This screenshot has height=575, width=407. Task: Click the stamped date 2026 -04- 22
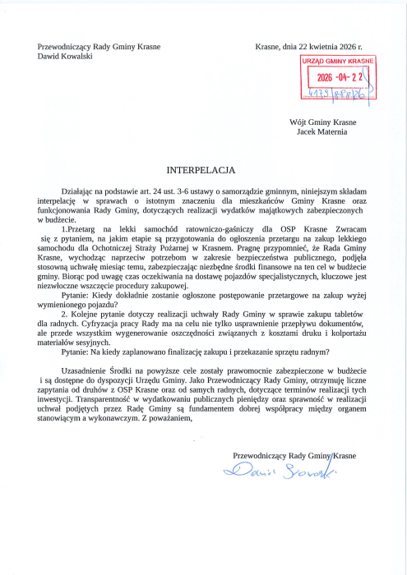(338, 79)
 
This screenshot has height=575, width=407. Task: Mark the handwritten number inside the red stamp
(335, 94)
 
